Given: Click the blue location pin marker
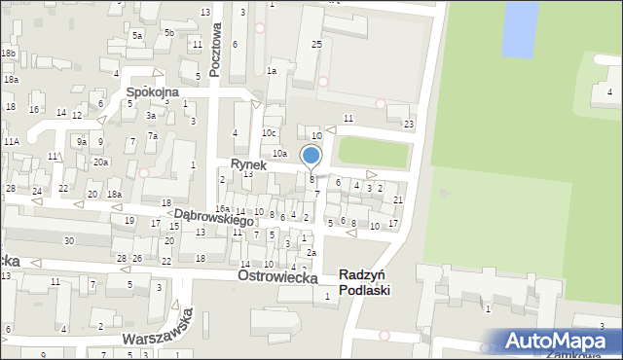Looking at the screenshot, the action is point(311,156).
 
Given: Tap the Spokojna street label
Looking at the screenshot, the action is point(151,91).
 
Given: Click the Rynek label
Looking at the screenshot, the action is point(249,165).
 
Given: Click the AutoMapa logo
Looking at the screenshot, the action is point(559,341).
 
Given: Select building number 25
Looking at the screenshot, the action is point(316,45).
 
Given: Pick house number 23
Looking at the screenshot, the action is point(409,124).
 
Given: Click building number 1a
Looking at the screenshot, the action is point(273,71).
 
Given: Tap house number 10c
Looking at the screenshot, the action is point(269,132).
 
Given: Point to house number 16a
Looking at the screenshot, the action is point(223,209).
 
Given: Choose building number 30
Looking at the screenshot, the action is point(68,240).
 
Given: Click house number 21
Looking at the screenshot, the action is point(398,199).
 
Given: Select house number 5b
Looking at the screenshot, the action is point(169,32).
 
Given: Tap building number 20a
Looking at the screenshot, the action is point(101,162).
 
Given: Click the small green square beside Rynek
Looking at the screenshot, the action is point(374,151).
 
